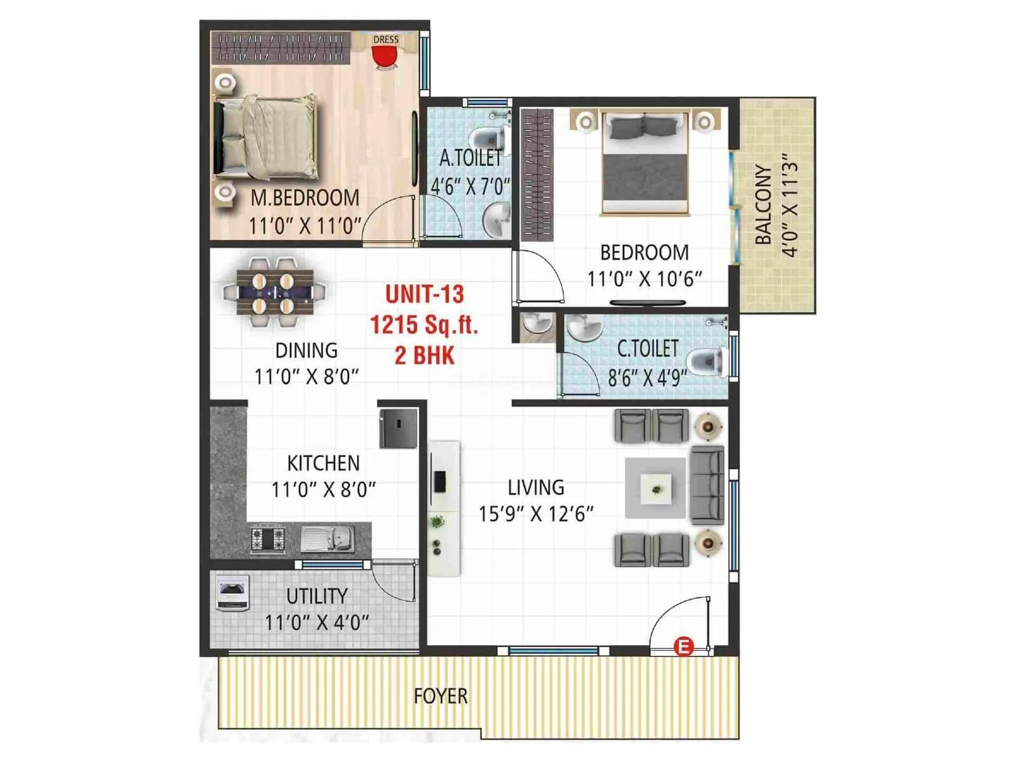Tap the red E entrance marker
[x=685, y=647]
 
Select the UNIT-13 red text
[x=424, y=294]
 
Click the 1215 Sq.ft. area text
[x=424, y=325]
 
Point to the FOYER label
[x=440, y=696]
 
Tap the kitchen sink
[x=327, y=539]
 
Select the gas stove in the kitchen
[x=268, y=538]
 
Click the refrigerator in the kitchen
[x=398, y=429]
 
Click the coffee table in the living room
[x=655, y=488]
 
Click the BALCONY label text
[x=763, y=204]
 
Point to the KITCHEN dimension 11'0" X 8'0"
[x=323, y=490]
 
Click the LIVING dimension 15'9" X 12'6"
[x=535, y=513]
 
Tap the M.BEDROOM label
[x=305, y=198]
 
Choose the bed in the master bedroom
[x=265, y=137]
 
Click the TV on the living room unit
[x=438, y=481]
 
